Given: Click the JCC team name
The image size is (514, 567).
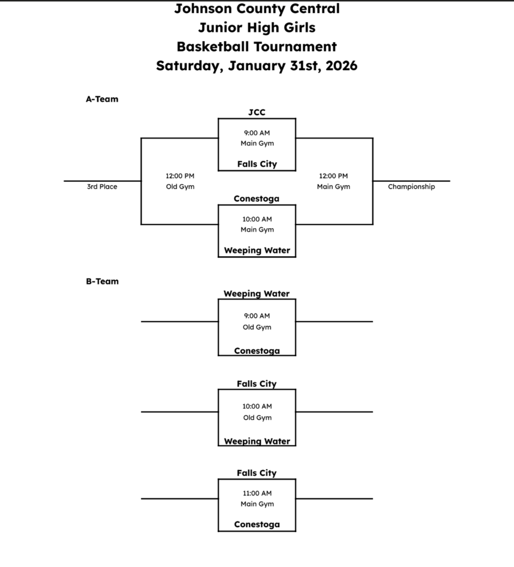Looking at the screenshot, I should [256, 112].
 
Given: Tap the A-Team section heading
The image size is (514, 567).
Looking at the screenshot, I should [102, 100].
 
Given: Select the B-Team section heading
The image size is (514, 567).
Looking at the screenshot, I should [102, 281].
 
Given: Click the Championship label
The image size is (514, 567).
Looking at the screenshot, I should [411, 187].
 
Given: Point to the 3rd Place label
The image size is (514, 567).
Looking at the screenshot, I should [102, 187].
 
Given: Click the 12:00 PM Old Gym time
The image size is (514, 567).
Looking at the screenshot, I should [180, 176].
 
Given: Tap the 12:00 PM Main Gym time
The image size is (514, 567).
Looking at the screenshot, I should [333, 176].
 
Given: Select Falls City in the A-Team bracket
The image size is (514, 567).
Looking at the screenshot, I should [256, 164].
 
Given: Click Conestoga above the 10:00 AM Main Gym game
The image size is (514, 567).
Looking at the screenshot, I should [256, 199].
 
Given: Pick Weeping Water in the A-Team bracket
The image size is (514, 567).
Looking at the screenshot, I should [256, 250].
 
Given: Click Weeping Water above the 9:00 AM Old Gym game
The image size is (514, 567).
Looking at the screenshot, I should [256, 293].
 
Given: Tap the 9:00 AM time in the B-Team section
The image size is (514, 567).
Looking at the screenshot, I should [257, 316].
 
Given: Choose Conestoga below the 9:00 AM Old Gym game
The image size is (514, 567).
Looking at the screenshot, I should [256, 351].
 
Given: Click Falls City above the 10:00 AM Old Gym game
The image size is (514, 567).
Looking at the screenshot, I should [256, 384].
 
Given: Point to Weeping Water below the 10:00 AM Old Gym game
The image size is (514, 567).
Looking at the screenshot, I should [256, 441].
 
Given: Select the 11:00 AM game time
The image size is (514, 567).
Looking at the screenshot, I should [257, 493].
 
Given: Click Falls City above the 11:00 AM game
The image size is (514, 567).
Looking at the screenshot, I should [256, 473].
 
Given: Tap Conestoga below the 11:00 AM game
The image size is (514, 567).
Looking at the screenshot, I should [256, 524].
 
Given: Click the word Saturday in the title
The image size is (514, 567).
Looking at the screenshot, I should [189, 66].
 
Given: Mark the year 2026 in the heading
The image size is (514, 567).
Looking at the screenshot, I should [341, 66].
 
